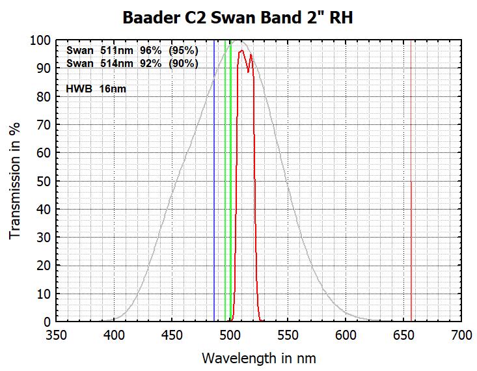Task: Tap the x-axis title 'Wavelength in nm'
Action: [259, 358]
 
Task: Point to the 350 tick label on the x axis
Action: [57, 336]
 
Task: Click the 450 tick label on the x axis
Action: [172, 336]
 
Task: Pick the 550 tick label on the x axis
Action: [288, 336]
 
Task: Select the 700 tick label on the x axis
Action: [461, 336]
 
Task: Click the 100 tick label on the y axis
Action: [40, 40]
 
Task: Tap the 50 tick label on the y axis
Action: [44, 181]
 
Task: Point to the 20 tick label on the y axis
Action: [44, 266]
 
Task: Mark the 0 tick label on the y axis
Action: [47, 322]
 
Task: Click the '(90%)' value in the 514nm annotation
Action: [184, 64]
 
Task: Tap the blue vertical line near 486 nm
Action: [214, 195]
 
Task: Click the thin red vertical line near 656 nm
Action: [411, 195]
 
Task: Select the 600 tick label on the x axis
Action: [346, 336]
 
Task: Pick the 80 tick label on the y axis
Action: [44, 96]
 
